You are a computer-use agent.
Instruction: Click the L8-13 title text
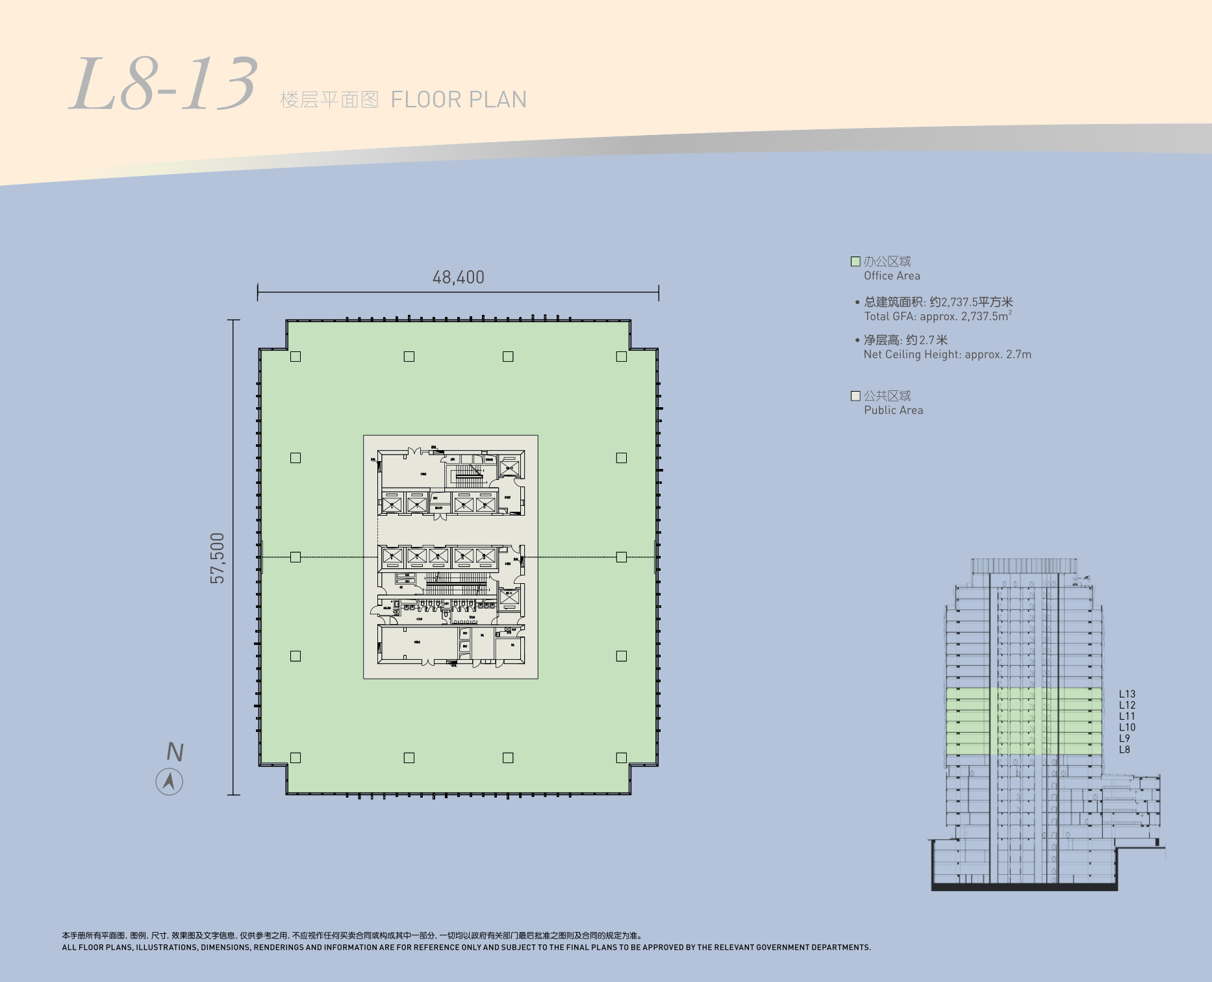click(x=164, y=85)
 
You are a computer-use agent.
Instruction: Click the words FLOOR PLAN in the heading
click(x=459, y=100)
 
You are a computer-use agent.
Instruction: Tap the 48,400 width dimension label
click(x=458, y=277)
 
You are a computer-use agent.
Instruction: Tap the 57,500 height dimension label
click(x=218, y=558)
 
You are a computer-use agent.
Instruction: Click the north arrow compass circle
click(x=170, y=781)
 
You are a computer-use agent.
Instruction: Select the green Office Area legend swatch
click(x=855, y=261)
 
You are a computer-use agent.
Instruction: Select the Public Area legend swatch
click(x=855, y=396)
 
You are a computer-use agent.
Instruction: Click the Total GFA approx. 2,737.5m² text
click(x=937, y=316)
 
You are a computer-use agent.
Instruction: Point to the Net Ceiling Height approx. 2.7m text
click(x=947, y=355)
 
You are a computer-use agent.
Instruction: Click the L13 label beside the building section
click(x=1127, y=694)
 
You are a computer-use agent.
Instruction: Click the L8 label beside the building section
click(x=1124, y=749)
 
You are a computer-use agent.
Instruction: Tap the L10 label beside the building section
click(x=1127, y=727)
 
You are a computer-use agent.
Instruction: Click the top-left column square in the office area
click(x=296, y=357)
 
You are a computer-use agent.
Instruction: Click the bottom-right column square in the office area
click(x=622, y=757)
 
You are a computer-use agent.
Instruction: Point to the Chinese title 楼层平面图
click(x=329, y=100)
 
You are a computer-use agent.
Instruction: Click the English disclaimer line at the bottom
click(x=466, y=948)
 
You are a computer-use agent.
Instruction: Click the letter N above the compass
click(x=175, y=752)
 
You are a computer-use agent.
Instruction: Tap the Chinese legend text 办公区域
click(x=887, y=261)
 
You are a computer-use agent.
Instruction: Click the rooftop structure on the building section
click(x=1024, y=565)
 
